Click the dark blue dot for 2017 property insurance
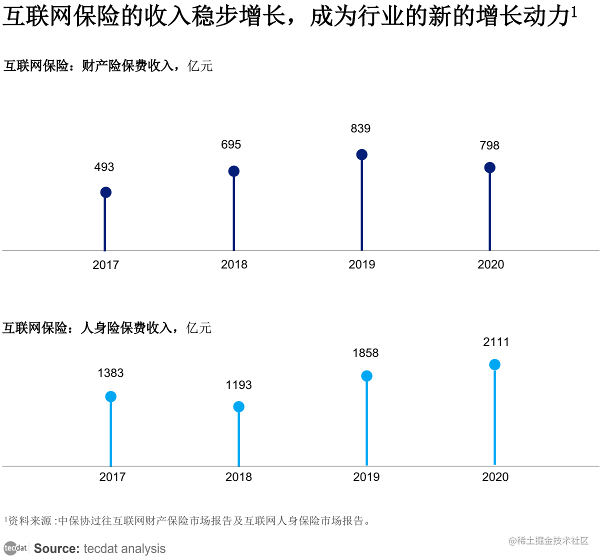point(105,192)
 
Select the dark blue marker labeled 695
point(233,171)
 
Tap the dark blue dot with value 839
point(361,154)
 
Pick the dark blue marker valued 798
point(489,167)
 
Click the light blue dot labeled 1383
point(110,396)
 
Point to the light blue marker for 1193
point(238,406)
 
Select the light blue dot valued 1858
point(366,376)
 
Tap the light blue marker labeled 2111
point(494,364)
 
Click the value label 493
point(104,167)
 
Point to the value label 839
point(360,128)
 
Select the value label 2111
point(496,342)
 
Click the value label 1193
point(238,385)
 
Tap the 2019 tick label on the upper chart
point(361,264)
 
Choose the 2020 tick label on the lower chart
point(495,477)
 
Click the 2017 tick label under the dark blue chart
point(105,265)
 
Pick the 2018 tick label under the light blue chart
point(238,477)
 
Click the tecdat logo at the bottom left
point(15,548)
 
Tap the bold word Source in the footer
point(56,548)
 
